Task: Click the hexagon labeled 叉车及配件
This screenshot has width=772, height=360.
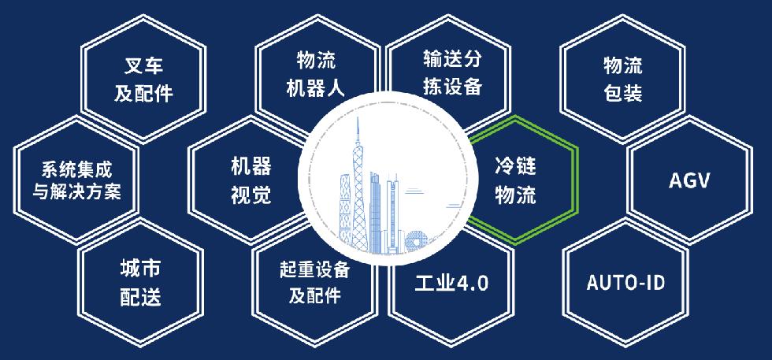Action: point(143,79)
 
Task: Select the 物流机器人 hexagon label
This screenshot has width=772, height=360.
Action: point(316,76)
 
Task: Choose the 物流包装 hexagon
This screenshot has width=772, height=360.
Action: point(623,79)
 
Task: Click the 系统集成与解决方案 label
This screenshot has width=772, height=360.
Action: point(76,180)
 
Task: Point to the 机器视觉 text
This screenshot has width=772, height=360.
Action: point(251,180)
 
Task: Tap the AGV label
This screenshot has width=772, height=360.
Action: point(689,180)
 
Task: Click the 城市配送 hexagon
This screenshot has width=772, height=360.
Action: point(141,282)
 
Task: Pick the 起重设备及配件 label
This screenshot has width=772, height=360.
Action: point(314,282)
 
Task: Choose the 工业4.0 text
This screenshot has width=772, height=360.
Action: point(451,283)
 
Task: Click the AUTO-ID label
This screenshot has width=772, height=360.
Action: point(625,283)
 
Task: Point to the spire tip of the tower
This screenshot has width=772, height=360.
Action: point(358,117)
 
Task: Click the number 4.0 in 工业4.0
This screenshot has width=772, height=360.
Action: point(473,284)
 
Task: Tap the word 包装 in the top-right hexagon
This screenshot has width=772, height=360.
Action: point(623,91)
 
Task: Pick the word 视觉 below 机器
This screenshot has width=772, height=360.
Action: point(251,194)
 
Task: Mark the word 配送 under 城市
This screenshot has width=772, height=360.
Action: point(141,296)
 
